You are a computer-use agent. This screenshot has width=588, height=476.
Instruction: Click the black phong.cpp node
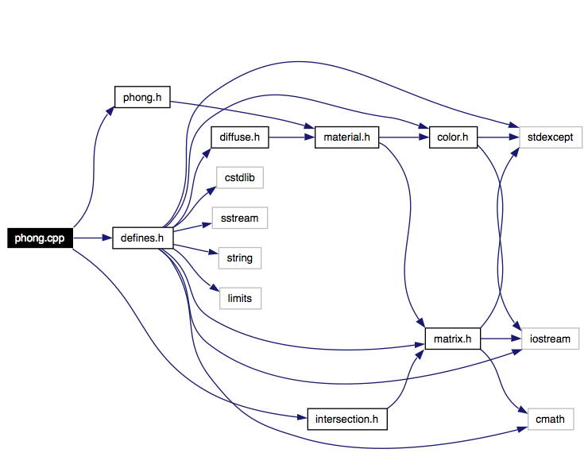click(x=40, y=238)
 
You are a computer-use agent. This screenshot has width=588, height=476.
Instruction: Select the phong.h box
click(x=142, y=97)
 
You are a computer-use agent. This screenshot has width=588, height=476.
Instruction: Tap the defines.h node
click(x=142, y=238)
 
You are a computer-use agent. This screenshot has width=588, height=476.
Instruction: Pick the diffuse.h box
click(x=240, y=137)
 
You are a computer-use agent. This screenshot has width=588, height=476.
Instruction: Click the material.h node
click(x=346, y=137)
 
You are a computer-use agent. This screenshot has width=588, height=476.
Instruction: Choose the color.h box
click(x=453, y=137)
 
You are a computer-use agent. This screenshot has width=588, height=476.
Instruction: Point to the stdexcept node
click(x=551, y=137)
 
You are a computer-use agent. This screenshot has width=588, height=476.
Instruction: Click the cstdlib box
click(x=240, y=177)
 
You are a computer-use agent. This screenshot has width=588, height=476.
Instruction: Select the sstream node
click(x=240, y=218)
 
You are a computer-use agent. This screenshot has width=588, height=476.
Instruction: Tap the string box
click(x=240, y=258)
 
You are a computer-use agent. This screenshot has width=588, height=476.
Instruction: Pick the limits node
click(x=240, y=298)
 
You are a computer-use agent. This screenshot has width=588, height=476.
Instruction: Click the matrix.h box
click(x=453, y=339)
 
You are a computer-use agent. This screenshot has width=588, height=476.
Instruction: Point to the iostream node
click(x=550, y=339)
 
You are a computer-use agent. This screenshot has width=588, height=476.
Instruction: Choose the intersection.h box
click(x=347, y=419)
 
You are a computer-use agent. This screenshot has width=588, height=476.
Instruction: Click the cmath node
click(x=551, y=419)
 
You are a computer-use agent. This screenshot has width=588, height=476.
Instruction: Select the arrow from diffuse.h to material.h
click(x=292, y=137)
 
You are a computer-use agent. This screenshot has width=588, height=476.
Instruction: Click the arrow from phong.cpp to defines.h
click(x=93, y=238)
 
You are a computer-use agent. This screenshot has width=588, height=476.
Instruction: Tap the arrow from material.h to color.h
click(x=404, y=137)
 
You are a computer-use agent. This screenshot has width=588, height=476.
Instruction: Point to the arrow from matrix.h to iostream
click(x=501, y=339)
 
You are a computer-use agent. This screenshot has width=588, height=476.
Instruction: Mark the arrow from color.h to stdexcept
click(x=498, y=137)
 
